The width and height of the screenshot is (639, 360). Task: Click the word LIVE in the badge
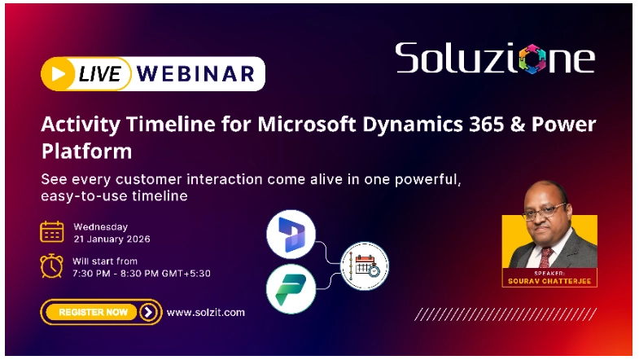click(99, 74)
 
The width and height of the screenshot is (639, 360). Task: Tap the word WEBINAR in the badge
click(195, 74)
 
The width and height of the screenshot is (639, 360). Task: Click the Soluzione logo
click(494, 59)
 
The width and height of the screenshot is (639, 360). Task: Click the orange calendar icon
click(52, 232)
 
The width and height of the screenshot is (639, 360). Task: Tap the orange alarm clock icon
click(52, 266)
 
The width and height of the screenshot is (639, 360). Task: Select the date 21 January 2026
click(112, 239)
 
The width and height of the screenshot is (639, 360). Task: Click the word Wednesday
click(100, 226)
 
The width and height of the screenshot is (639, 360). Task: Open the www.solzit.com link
click(205, 312)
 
